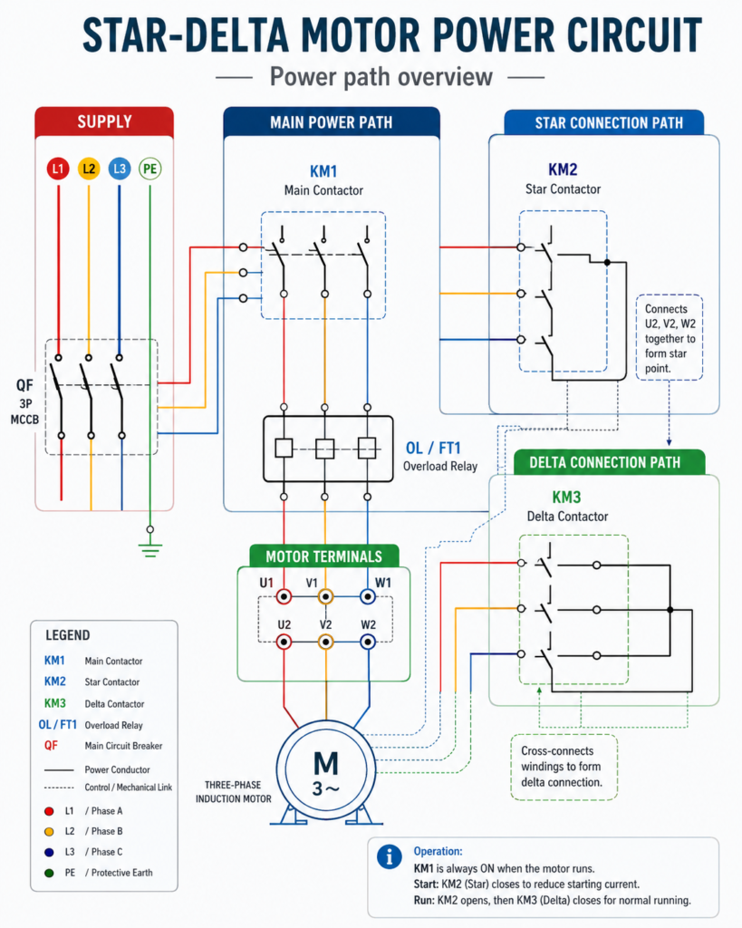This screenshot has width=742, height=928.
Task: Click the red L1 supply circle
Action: click(58, 169)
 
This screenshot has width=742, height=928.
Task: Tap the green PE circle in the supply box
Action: click(149, 169)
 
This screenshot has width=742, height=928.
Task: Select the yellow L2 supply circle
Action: click(89, 169)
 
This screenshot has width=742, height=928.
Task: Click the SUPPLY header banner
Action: click(104, 122)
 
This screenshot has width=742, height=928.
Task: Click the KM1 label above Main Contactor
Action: click(323, 171)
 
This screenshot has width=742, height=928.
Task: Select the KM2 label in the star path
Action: click(562, 169)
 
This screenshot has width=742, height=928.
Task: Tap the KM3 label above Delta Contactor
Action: click(566, 498)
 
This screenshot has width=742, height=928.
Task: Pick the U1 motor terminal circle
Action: click(284, 596)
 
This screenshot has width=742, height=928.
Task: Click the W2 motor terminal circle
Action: click(368, 642)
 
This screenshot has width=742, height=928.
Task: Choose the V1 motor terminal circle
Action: click(325, 596)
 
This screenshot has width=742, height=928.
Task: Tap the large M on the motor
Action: click(325, 763)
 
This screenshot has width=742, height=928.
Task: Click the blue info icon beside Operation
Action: click(389, 856)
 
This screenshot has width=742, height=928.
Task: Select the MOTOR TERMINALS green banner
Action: click(323, 556)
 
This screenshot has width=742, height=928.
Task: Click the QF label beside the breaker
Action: click(24, 385)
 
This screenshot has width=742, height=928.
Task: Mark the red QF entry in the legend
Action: click(51, 745)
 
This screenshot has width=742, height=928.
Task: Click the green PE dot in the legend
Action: click(49, 873)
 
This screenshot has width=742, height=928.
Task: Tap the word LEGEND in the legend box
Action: click(67, 635)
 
